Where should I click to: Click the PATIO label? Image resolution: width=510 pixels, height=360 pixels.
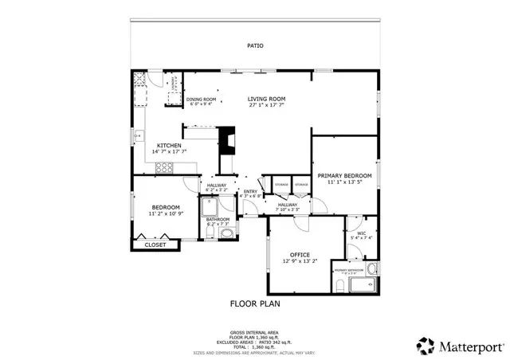coord(256,45)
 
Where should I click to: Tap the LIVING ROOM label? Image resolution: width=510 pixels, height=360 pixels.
coord(267,99)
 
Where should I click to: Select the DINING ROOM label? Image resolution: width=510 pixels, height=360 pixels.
coord(201,100)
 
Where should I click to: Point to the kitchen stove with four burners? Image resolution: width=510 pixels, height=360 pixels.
coord(165,167)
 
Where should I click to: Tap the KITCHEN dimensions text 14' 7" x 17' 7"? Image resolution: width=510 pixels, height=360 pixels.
coord(169,153)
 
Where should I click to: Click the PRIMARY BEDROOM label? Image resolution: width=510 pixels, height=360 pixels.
coord(344,175)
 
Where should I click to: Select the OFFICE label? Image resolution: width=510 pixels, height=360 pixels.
coord(299,254)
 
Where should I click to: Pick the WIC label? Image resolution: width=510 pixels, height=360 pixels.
coord(361,233)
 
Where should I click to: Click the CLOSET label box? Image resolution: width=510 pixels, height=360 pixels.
coord(155,245)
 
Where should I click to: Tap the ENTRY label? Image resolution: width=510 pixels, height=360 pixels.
coord(250,191)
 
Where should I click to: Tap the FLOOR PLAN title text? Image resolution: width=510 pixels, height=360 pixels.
coord(255,303)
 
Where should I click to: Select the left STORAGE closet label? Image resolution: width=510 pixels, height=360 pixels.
coord(280,185)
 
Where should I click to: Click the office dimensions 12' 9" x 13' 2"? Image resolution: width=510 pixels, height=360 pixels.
coord(299,261)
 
